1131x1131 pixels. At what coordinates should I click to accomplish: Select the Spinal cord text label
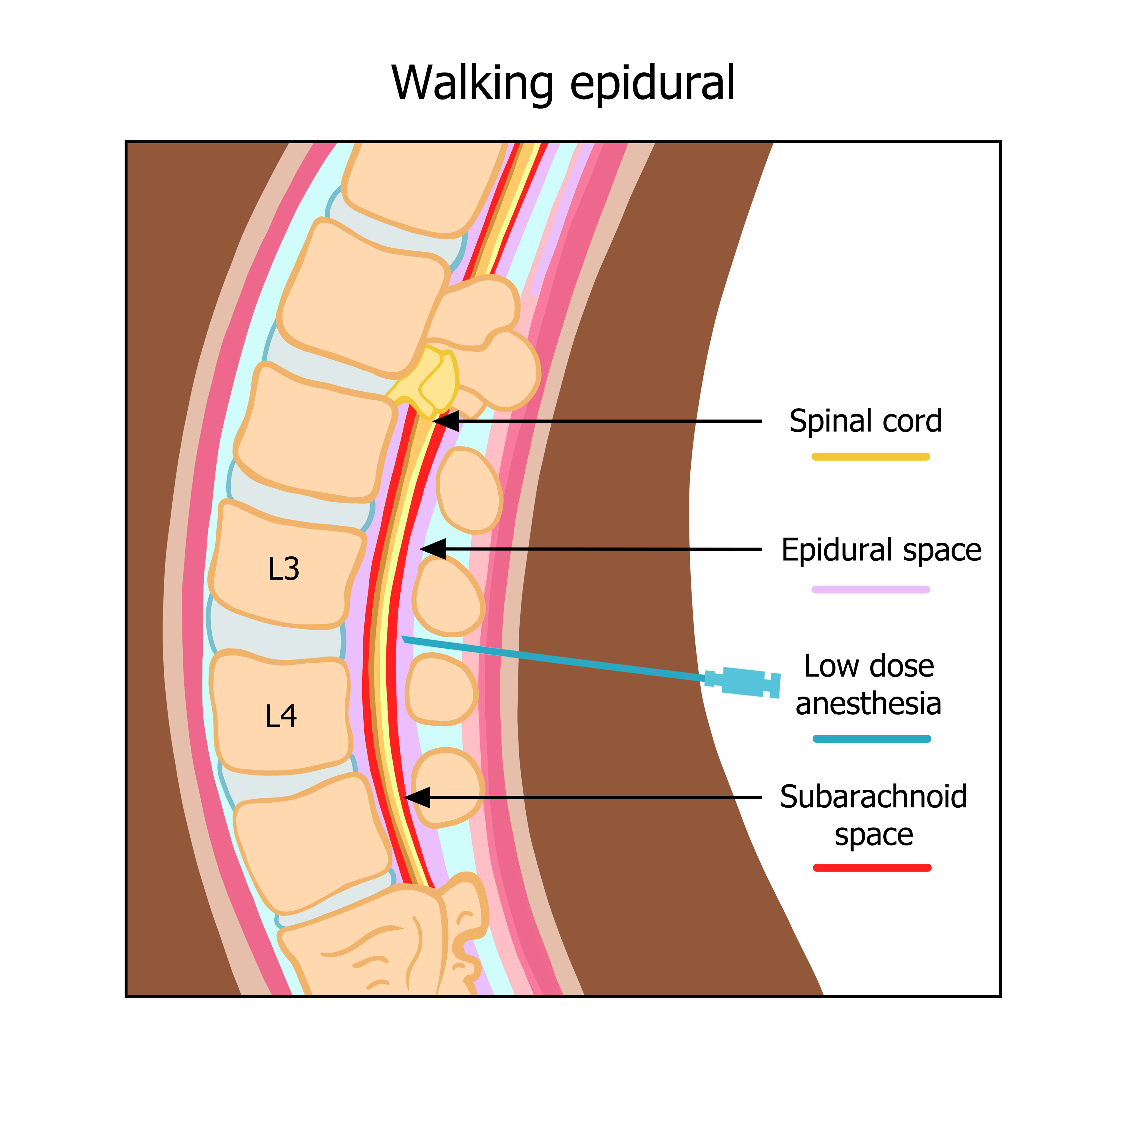[865, 421]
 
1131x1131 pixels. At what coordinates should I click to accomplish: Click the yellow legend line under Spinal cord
[871, 457]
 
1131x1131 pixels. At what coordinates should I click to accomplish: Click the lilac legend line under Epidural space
[871, 589]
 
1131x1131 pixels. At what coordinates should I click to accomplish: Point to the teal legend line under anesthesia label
[872, 739]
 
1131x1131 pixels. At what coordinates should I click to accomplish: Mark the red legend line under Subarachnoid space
[872, 868]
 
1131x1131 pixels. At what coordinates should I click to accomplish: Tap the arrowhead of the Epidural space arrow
[431, 549]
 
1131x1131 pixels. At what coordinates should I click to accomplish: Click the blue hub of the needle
[743, 683]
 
